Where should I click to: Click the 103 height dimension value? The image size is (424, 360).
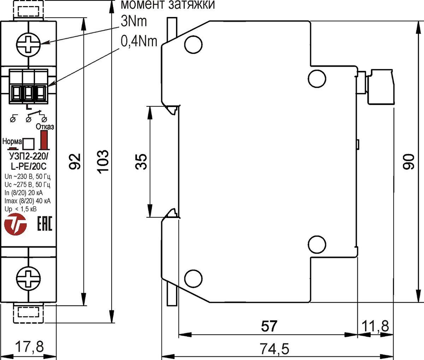[103, 162]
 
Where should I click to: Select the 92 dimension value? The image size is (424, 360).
[75, 161]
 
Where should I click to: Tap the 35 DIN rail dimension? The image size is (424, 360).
[141, 161]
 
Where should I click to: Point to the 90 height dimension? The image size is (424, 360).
[408, 162]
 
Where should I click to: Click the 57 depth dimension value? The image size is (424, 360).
[269, 326]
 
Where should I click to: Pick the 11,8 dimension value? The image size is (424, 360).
[375, 326]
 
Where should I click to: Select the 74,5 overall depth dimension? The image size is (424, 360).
[275, 348]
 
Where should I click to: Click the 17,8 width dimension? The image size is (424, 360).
[30, 347]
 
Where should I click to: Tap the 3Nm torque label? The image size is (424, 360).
[134, 22]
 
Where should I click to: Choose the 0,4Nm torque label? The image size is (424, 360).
[139, 41]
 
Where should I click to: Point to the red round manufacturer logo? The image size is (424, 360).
[16, 224]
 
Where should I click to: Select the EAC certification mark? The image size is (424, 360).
[45, 223]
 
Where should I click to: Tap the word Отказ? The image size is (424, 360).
[45, 126]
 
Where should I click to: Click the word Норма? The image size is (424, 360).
[12, 141]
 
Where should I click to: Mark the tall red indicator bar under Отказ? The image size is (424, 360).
[44, 140]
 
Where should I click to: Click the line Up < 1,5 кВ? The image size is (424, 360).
[20, 209]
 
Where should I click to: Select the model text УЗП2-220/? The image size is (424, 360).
[29, 157]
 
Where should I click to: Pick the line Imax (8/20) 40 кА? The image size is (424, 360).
[28, 201]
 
